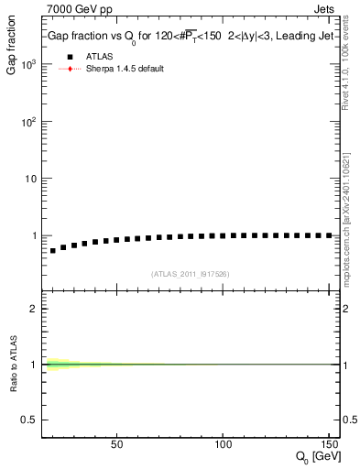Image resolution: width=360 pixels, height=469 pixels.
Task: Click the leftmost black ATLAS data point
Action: [x=53, y=250]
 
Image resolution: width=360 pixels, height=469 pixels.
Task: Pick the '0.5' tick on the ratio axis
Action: [x=30, y=420]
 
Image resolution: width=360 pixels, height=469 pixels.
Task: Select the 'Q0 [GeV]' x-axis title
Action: [x=317, y=458]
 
